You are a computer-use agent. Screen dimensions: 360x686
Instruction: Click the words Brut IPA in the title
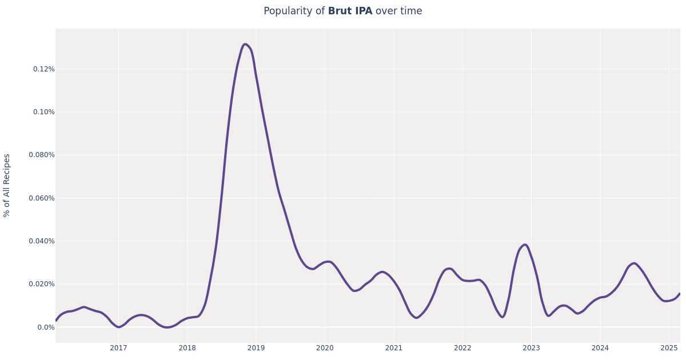click(x=350, y=11)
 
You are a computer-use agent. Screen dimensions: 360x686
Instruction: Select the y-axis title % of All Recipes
click(x=7, y=185)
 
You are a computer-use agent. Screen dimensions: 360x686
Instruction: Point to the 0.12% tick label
click(x=43, y=69)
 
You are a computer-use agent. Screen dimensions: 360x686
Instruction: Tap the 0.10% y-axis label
click(x=43, y=112)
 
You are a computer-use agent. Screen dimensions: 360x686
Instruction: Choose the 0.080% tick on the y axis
click(x=42, y=155)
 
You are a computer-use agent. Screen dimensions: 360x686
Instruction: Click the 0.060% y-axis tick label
click(x=42, y=198)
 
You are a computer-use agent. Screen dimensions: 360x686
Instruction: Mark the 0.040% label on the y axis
click(x=42, y=241)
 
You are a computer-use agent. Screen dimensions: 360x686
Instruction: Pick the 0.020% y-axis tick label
click(x=42, y=284)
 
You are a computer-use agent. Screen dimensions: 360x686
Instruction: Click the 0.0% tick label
click(x=46, y=327)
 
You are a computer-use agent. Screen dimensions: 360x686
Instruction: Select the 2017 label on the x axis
click(x=118, y=348)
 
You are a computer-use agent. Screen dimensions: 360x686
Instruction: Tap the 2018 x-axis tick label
click(x=187, y=348)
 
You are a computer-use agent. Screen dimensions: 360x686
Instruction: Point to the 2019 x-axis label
click(x=256, y=348)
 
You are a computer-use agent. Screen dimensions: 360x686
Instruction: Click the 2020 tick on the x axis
click(x=325, y=348)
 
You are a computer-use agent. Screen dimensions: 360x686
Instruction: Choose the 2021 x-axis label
click(x=393, y=348)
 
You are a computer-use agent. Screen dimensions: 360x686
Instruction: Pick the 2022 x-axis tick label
click(x=462, y=348)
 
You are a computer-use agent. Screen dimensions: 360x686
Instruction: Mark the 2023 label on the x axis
click(x=531, y=348)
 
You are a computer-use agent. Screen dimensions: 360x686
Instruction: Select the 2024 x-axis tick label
click(x=600, y=348)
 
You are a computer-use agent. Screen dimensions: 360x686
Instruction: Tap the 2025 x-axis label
click(x=669, y=348)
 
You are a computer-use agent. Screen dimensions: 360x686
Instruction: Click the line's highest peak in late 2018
click(x=245, y=45)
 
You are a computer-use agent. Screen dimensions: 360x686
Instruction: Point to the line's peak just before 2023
click(x=525, y=245)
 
